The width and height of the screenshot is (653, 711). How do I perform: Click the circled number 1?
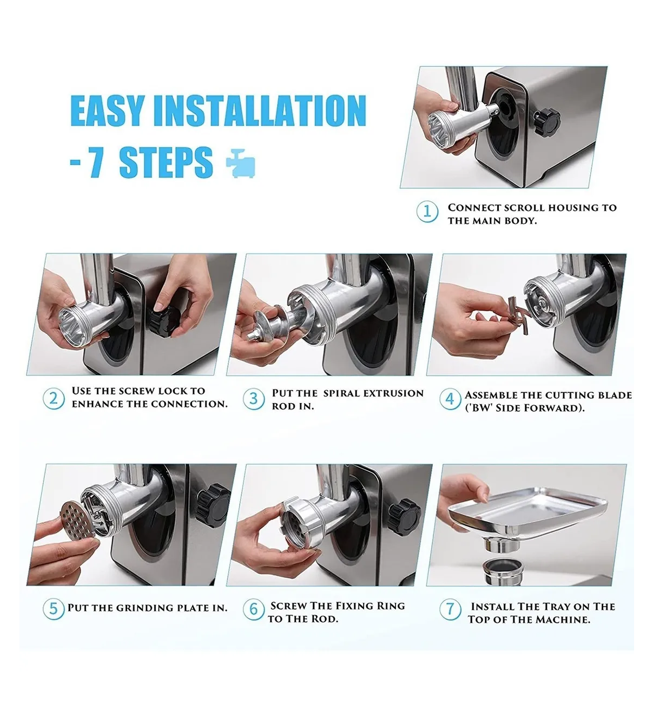pyautogui.click(x=427, y=212)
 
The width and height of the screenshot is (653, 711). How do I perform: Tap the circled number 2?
pyautogui.click(x=54, y=398)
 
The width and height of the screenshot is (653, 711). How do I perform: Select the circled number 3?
pyautogui.click(x=254, y=399)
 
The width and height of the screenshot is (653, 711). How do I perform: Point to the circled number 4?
pyautogui.click(x=450, y=399)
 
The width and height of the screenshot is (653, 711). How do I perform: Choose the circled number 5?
pyautogui.click(x=54, y=609)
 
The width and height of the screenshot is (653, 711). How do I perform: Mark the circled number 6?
pyautogui.click(x=254, y=609)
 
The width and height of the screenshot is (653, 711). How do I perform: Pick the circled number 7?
pyautogui.click(x=450, y=609)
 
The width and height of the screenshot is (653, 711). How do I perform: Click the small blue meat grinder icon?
pyautogui.click(x=241, y=163)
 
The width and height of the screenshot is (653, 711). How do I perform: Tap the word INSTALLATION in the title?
pyautogui.click(x=260, y=110)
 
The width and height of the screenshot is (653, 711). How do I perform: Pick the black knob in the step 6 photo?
pyautogui.click(x=405, y=517)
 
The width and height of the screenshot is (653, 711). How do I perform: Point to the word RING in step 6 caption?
pyautogui.click(x=391, y=605)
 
